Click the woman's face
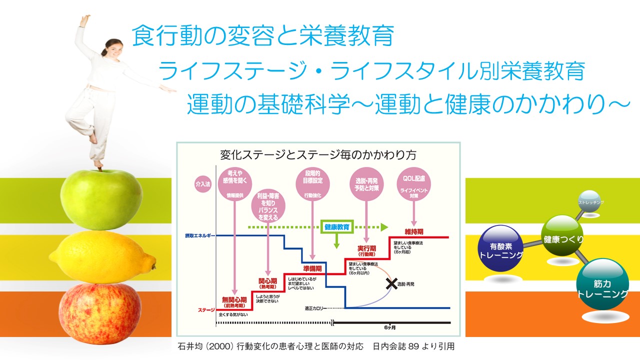coord(111,49)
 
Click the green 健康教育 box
coord(336,226)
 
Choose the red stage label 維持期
coord(414,232)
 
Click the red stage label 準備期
coord(312,268)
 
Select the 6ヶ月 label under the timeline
coord(390,328)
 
